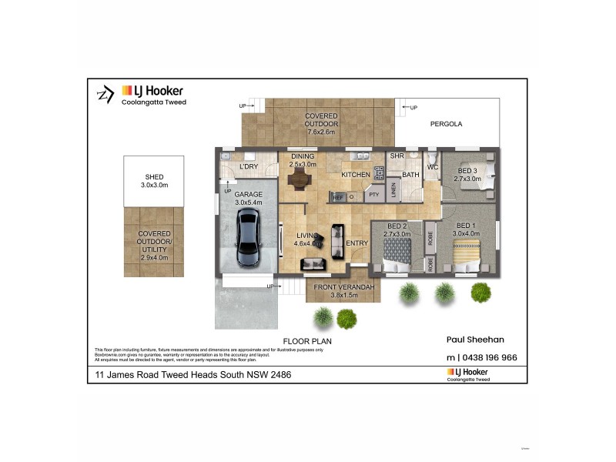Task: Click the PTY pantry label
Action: click(x=375, y=195)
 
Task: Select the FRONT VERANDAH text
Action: click(x=344, y=287)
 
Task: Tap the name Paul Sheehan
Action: click(x=476, y=338)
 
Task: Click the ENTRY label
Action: click(x=357, y=243)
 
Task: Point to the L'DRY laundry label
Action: click(x=248, y=166)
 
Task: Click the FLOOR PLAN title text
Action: click(x=306, y=340)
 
